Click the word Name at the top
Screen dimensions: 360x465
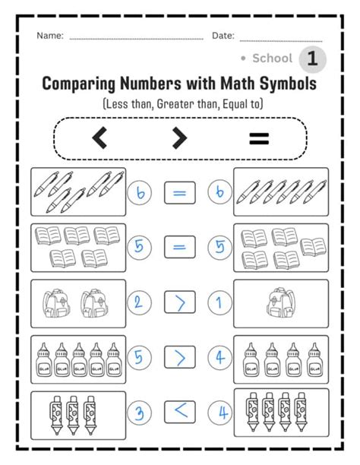tap(49, 36)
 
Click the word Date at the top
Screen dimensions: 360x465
tap(222, 36)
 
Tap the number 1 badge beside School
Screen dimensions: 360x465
tap(312, 59)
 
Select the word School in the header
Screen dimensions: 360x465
tap(272, 59)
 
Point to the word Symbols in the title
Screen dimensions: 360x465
tap(285, 82)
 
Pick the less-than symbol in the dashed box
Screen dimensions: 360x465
tap(99, 138)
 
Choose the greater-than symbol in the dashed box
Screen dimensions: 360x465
tap(179, 138)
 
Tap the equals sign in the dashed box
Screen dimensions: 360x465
tap(260, 138)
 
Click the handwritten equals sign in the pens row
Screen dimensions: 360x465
tap(179, 192)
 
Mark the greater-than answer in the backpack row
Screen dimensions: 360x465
tap(179, 302)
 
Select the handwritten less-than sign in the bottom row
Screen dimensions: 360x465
tap(179, 413)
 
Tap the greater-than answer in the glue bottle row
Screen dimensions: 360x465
tap(179, 357)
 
